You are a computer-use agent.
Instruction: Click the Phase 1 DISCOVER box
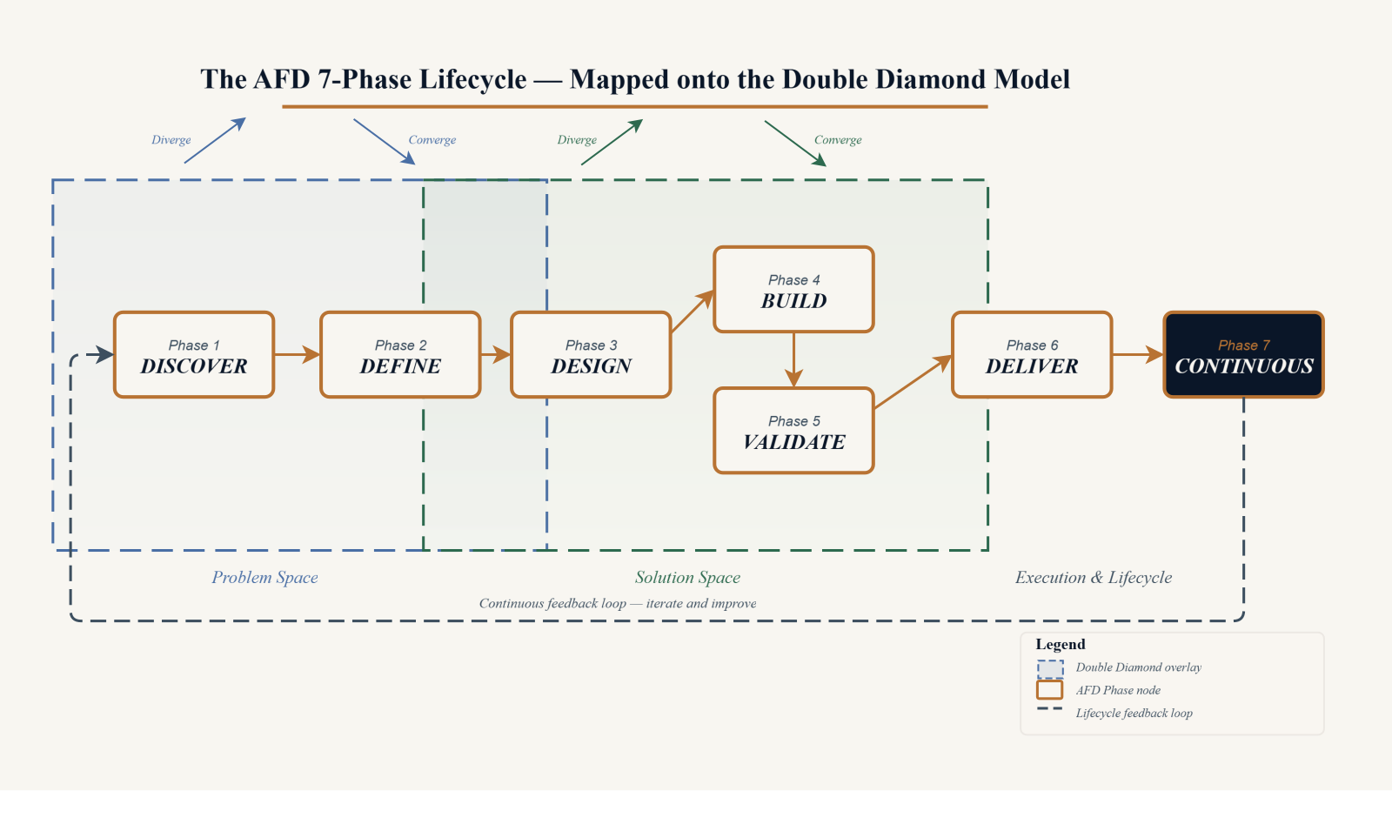tap(194, 354)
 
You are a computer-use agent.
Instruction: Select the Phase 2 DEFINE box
tap(400, 354)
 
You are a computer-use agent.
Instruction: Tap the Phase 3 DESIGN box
tap(591, 354)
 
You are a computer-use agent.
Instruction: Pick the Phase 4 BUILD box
tap(793, 289)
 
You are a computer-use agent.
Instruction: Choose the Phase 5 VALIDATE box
tap(793, 430)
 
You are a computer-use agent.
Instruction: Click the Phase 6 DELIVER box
tap(1032, 354)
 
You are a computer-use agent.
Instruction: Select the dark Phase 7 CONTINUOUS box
tap(1243, 354)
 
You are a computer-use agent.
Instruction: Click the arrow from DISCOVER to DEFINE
tap(297, 354)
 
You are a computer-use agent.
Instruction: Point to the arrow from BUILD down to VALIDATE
tap(793, 360)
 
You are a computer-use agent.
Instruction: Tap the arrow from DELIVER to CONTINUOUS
tap(1137, 354)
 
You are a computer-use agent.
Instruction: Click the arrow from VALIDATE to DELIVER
tap(913, 381)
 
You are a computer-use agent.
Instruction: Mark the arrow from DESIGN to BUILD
tap(693, 311)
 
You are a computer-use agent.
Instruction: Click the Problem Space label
tap(264, 578)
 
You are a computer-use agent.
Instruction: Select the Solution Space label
tap(687, 578)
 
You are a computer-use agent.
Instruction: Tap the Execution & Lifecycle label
tap(1094, 578)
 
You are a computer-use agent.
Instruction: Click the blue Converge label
tap(432, 140)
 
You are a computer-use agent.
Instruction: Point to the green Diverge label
tap(577, 140)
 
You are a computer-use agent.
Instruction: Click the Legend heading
tap(1061, 644)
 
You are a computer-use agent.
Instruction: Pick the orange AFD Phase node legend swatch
tap(1049, 690)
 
